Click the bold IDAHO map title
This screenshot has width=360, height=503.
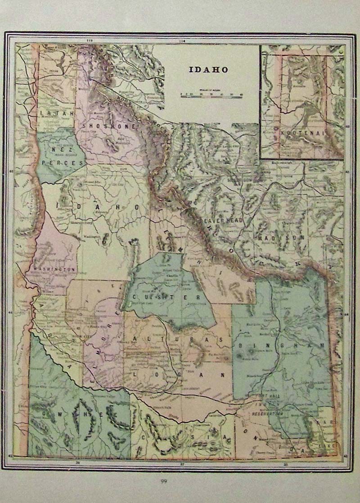(x=208, y=70)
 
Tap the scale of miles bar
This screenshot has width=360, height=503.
(x=211, y=95)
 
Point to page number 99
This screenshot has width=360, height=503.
(x=163, y=481)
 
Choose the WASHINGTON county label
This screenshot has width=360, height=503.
(x=50, y=269)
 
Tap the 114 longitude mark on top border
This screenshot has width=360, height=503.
(x=182, y=41)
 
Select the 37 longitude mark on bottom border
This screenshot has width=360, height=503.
(x=182, y=462)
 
